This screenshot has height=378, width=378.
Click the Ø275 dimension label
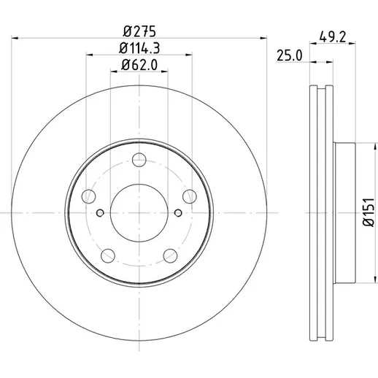pyautogui.click(x=139, y=31)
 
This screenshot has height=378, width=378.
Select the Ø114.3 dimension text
pyautogui.click(x=139, y=48)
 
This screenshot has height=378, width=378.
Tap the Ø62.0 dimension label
pyautogui.click(x=139, y=65)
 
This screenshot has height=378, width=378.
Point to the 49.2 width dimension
pyautogui.click(x=332, y=37)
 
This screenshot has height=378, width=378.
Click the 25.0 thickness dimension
pyautogui.click(x=290, y=55)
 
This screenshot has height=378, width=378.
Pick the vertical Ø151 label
pyautogui.click(x=369, y=212)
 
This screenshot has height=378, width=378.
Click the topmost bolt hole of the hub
pyautogui.click(x=139, y=160)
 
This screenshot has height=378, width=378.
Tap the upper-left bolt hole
pyautogui.click(x=88, y=196)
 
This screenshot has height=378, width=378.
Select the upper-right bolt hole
pyautogui.click(x=190, y=196)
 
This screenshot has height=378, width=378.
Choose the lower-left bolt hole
pyautogui.click(x=108, y=255)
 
